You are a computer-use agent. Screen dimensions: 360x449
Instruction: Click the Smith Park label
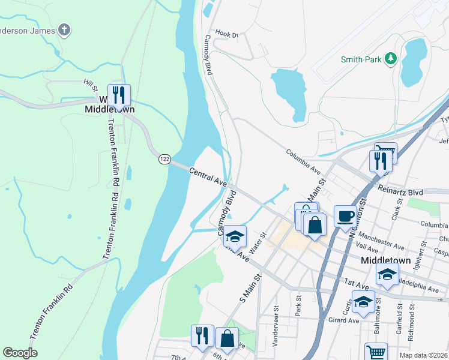click(x=361, y=59)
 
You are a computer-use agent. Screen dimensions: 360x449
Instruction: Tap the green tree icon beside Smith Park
click(x=391, y=58)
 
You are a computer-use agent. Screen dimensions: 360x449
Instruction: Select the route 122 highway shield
click(x=164, y=159)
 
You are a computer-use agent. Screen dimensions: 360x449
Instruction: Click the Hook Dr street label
click(x=226, y=35)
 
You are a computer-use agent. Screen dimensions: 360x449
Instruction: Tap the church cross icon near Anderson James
click(x=64, y=30)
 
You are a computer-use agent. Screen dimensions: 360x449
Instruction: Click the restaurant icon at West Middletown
click(x=119, y=95)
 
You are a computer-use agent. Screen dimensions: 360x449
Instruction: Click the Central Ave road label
click(x=207, y=176)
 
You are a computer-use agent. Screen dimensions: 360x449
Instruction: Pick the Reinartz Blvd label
click(x=400, y=193)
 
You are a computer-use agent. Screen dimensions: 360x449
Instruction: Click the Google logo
click(x=20, y=352)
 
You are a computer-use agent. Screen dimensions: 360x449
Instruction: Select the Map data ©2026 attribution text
click(x=423, y=355)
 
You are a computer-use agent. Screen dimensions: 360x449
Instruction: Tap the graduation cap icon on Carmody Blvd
click(x=235, y=236)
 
